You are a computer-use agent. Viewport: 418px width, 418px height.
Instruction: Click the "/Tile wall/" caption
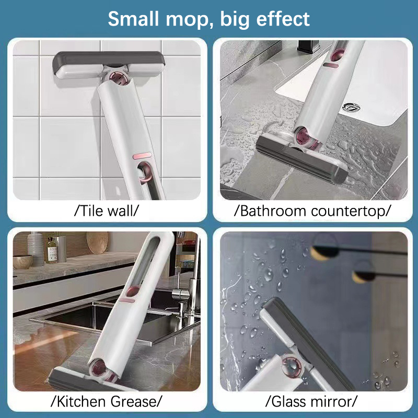(107, 211)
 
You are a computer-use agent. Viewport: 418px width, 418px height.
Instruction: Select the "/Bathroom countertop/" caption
(312, 211)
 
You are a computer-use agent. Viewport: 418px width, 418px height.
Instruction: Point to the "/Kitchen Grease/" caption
(107, 401)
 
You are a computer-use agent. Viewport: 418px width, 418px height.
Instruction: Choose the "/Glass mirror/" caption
(311, 401)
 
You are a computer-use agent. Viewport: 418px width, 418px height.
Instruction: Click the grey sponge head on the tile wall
(108, 63)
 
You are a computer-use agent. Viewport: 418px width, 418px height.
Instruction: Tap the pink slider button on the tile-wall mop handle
(142, 156)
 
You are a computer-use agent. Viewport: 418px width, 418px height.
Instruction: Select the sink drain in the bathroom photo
(351, 107)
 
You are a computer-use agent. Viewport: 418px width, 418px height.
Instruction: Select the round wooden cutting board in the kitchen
(97, 242)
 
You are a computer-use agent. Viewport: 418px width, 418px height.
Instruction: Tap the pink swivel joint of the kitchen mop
(99, 368)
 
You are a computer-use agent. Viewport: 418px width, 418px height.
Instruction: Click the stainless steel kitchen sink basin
(107, 317)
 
